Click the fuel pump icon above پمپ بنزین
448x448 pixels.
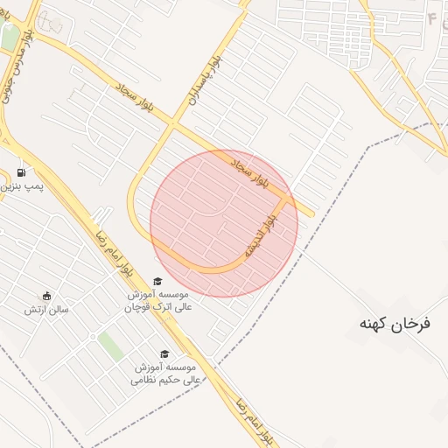click(x=21, y=171)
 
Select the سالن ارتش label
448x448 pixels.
click(x=45, y=309)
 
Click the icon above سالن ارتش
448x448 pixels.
click(x=45, y=296)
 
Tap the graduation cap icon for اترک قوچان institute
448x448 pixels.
click(x=157, y=281)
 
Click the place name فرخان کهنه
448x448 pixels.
click(x=395, y=324)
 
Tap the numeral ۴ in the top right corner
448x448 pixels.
click(x=432, y=17)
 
